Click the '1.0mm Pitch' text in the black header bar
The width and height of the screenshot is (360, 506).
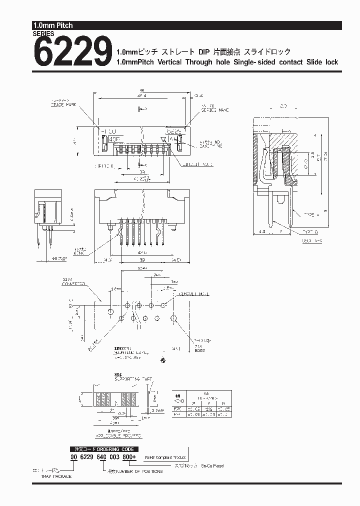[x=52, y=25]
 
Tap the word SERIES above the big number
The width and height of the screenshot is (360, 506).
[x=43, y=33]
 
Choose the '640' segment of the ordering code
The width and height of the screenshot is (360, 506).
[x=102, y=457]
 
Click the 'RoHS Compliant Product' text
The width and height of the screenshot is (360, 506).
[x=165, y=457]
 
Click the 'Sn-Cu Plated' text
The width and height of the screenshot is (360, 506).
[x=212, y=465]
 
